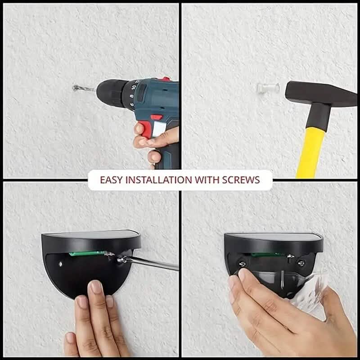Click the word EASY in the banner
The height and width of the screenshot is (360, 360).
(x=111, y=180)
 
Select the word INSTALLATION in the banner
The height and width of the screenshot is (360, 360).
(x=157, y=180)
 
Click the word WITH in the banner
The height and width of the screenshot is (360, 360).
(x=206, y=180)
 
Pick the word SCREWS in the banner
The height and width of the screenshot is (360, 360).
(x=241, y=180)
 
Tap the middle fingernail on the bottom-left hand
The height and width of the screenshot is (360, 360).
(x=96, y=287)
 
